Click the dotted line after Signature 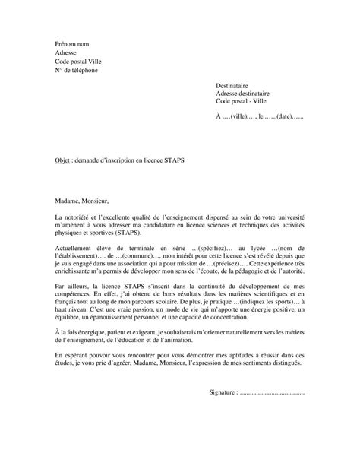pyautogui.click(x=272, y=393)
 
